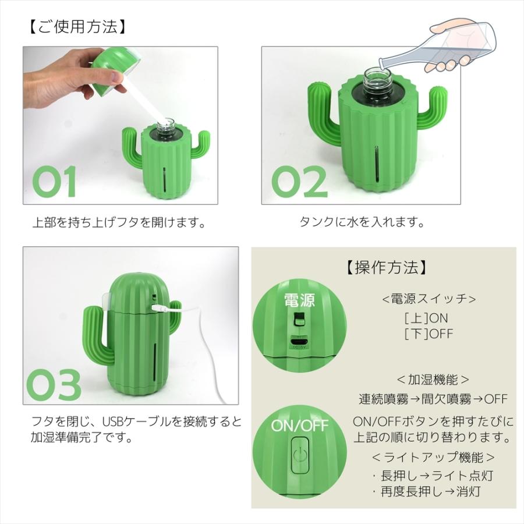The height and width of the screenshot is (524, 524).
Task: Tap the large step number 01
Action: [x=54, y=182]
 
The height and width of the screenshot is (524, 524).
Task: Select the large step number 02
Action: [x=300, y=182]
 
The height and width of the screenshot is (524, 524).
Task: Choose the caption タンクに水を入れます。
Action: [x=362, y=223]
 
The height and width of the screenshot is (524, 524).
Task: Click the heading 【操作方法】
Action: [x=386, y=267]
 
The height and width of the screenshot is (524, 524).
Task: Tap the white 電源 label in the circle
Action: [x=299, y=300]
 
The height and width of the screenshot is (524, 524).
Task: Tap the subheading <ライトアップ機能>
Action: [x=433, y=457]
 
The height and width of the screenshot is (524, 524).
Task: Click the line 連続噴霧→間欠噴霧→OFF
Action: [x=433, y=399]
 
